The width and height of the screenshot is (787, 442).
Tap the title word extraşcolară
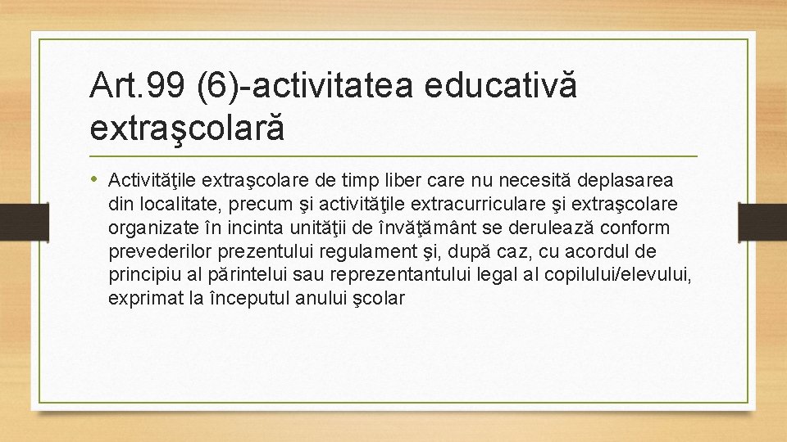188,128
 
